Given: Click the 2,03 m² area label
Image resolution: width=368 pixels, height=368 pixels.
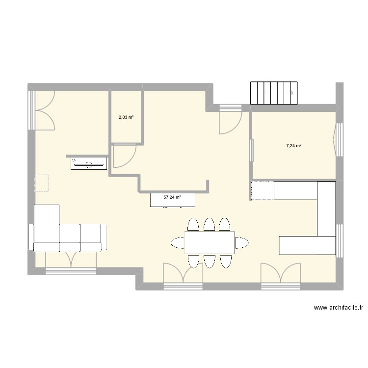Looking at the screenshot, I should pyautogui.click(x=126, y=117).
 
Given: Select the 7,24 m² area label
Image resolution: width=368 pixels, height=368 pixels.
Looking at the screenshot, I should pyautogui.click(x=294, y=146).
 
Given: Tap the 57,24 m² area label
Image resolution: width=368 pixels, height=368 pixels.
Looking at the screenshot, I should pyautogui.click(x=172, y=197).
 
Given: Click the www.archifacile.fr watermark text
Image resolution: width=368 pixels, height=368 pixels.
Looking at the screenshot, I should pyautogui.click(x=338, y=308).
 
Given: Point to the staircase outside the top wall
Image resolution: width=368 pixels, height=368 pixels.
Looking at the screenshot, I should pyautogui.click(x=274, y=93).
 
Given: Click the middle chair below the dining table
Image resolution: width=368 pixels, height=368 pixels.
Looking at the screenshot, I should pyautogui.click(x=210, y=261).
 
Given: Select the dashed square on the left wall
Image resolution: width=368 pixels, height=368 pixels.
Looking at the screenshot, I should pyautogui.click(x=42, y=184).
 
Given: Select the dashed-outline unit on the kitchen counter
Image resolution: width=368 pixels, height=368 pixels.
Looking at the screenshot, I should pyautogui.click(x=262, y=190).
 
